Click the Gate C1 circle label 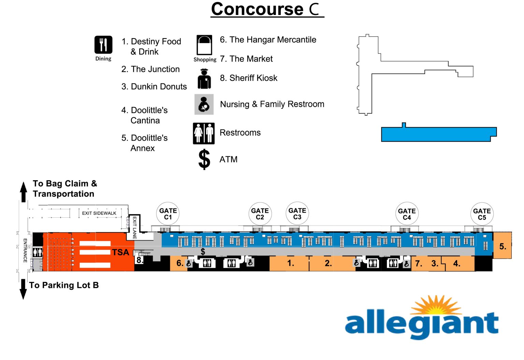tap(168, 214)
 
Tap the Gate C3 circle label tap(297, 214)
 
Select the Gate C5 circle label tap(482, 214)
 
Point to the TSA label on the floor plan tap(120, 252)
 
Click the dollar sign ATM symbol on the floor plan tap(203, 252)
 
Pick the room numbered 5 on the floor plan tap(503, 246)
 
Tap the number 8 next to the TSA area tap(140, 260)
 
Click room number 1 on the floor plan tap(290, 263)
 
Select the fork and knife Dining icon tap(103, 45)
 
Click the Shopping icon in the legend tap(204, 45)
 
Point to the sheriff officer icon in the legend tap(204, 79)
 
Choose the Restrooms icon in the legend tap(204, 133)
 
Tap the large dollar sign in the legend tap(204, 159)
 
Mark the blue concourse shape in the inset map tap(438, 134)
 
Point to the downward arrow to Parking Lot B tap(23, 289)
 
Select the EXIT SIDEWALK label tap(99, 213)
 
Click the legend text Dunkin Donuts tap(154, 87)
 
